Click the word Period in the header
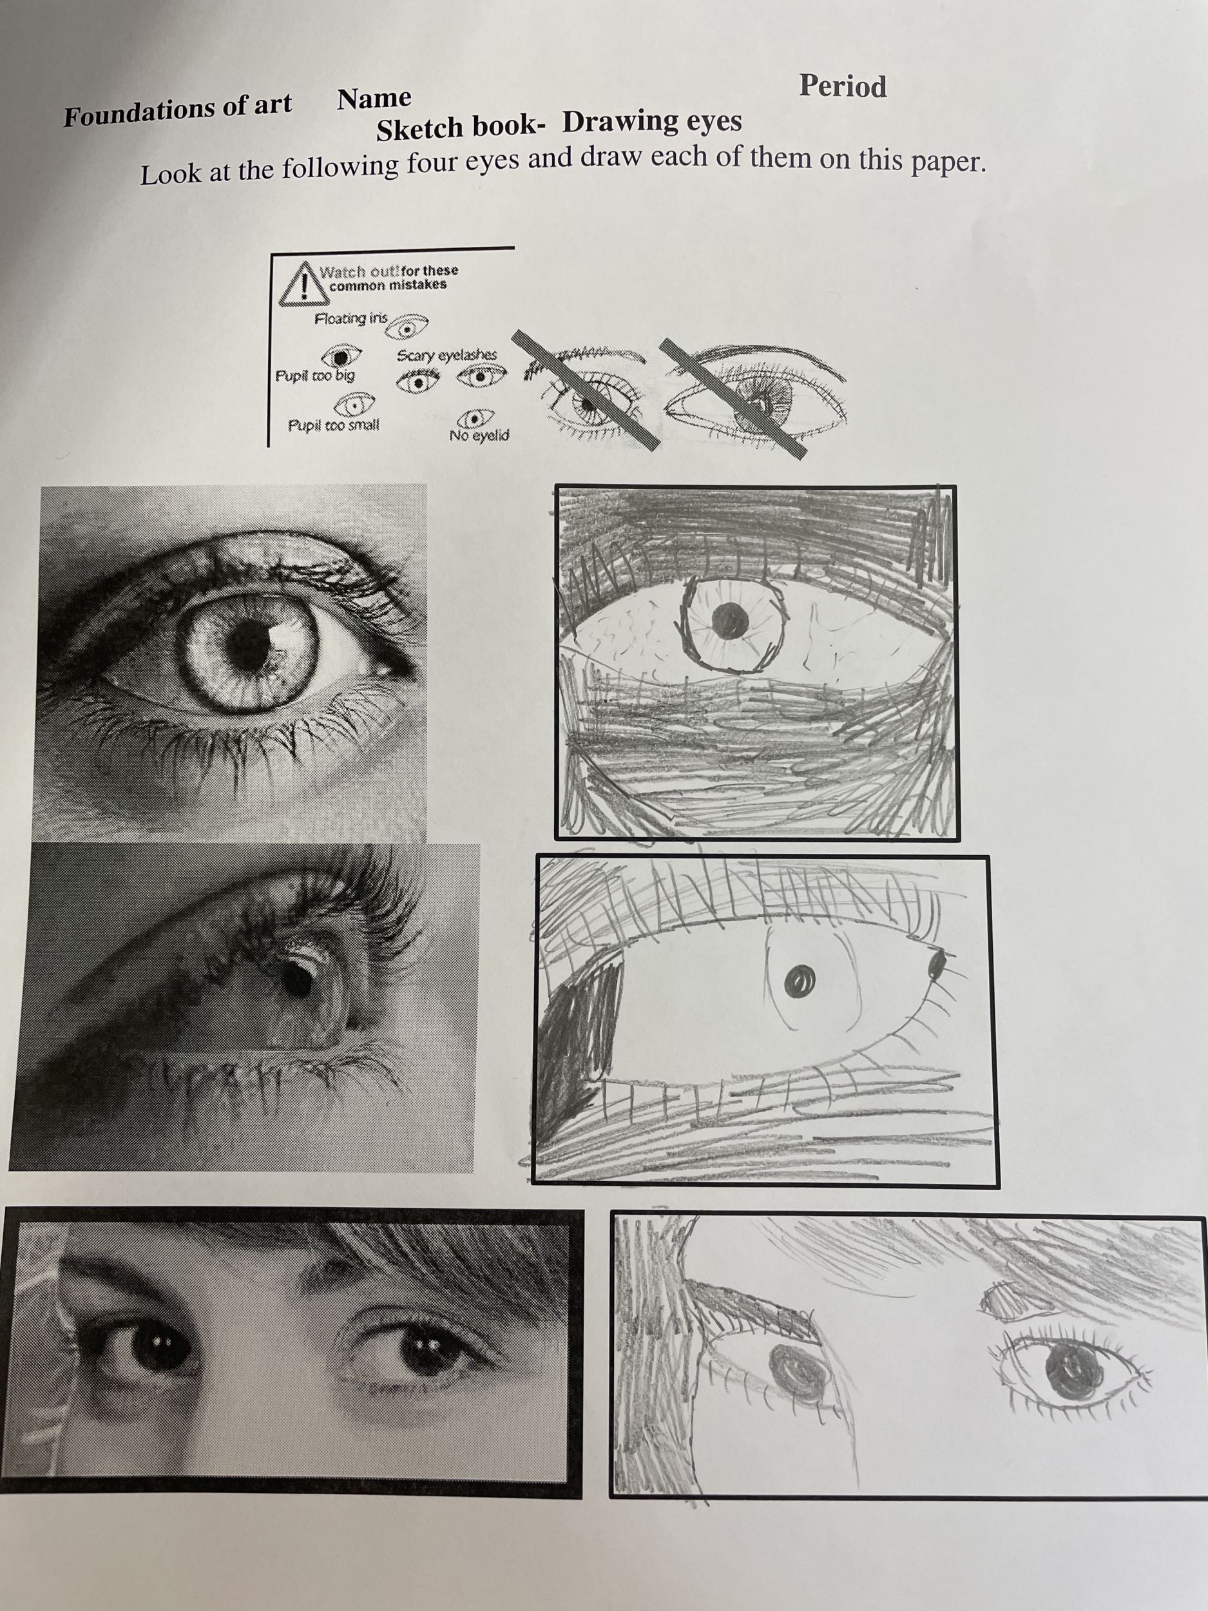click(x=843, y=86)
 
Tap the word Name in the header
click(x=374, y=99)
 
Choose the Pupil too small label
click(x=334, y=425)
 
